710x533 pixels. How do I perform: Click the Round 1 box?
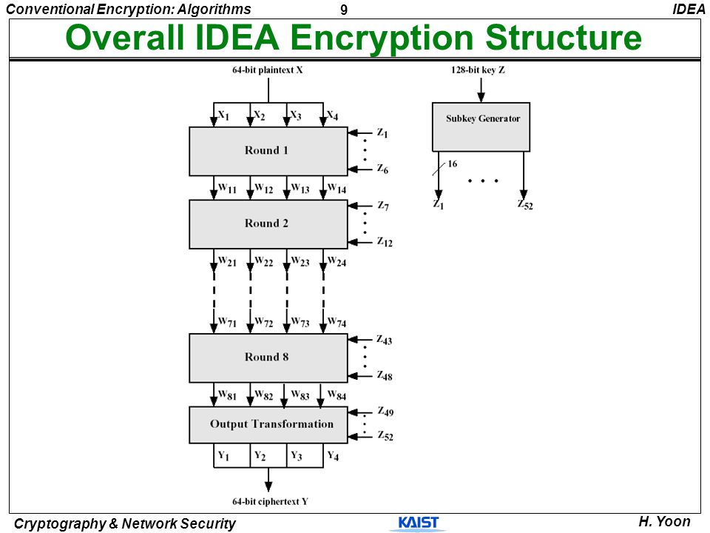tap(268, 151)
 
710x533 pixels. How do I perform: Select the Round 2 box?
tap(268, 224)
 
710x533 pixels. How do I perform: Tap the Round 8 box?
tap(268, 358)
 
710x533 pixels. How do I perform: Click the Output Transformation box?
tap(268, 425)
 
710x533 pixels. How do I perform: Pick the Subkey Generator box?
tap(481, 127)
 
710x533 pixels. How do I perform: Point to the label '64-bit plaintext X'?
tap(268, 70)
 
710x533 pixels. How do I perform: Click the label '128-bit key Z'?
tap(478, 70)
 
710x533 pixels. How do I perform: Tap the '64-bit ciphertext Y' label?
tap(271, 501)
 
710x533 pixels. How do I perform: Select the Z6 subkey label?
tap(382, 169)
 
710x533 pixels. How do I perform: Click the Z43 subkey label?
tap(385, 340)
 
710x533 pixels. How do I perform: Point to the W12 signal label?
tap(263, 188)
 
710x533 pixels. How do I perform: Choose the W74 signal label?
tap(337, 323)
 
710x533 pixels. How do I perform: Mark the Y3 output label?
tap(296, 455)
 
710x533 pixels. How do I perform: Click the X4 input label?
tap(332, 115)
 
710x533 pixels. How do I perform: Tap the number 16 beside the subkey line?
tap(453, 164)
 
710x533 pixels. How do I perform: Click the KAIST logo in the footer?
tap(419, 523)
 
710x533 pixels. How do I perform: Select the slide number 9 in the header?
tap(344, 10)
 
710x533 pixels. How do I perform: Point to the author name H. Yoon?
tap(664, 522)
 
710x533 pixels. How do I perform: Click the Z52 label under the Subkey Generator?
tap(525, 205)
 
